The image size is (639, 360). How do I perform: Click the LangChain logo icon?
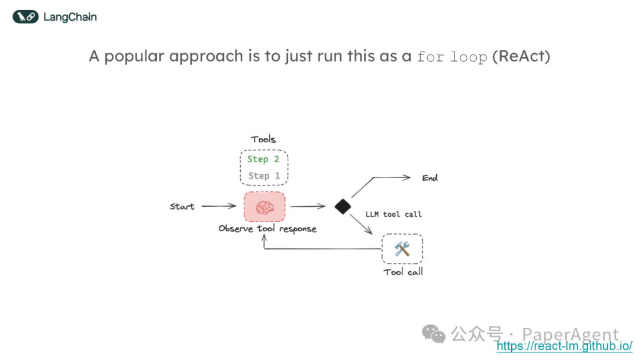click(x=25, y=17)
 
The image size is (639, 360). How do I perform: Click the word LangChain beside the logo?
click(x=70, y=17)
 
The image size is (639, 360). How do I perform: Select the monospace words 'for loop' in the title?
click(x=452, y=57)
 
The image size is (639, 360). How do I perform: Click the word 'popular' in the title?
click(x=133, y=57)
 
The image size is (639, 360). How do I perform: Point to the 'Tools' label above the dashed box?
click(x=263, y=139)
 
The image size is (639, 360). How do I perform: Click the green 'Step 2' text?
click(x=263, y=159)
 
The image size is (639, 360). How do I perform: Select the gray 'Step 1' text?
click(x=263, y=176)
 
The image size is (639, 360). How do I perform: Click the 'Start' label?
click(x=182, y=207)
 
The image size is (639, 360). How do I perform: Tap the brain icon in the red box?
click(x=264, y=207)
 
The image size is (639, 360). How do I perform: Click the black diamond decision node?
click(x=343, y=207)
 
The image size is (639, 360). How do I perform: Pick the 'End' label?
click(x=430, y=178)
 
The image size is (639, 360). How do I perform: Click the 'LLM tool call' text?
click(x=393, y=214)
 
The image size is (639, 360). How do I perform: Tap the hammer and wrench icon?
click(x=402, y=249)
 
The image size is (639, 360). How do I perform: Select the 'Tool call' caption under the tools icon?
click(x=403, y=272)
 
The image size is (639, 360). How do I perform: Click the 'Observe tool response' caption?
click(x=267, y=229)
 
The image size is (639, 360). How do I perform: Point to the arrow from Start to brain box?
click(x=218, y=207)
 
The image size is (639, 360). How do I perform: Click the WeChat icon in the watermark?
click(x=434, y=335)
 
